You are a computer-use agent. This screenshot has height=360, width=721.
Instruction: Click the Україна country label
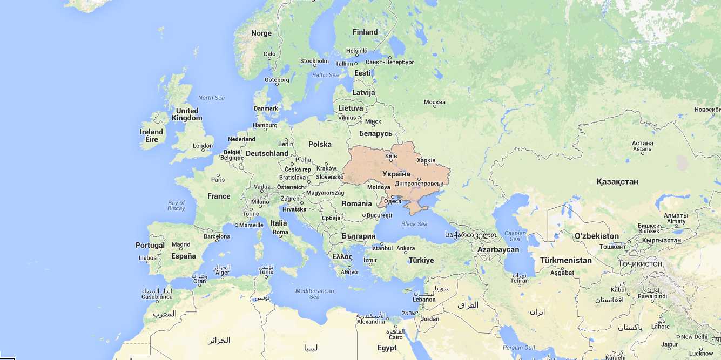pos(396,174)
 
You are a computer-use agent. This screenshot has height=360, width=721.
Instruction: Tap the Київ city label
pos(391,156)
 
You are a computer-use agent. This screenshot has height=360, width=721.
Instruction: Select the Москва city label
pos(435,103)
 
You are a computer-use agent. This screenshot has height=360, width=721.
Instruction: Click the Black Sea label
pos(414,224)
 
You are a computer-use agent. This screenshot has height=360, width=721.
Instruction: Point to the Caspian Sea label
pos(515,236)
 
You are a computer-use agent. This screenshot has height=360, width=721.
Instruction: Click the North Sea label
pos(211,98)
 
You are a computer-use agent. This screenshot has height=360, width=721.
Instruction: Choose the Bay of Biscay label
pos(176,206)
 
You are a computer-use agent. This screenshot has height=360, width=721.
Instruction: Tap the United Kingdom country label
pos(187,114)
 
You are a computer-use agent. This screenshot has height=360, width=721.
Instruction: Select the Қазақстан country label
pos(617,181)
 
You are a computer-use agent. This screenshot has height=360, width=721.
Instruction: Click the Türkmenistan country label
pos(565,260)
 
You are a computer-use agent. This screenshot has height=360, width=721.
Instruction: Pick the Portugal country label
pos(150,245)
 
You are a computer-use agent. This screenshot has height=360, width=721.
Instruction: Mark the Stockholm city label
pos(314,61)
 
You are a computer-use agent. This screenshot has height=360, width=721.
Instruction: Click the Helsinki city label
pos(356,51)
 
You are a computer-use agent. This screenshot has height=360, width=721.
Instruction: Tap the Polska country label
pos(320,144)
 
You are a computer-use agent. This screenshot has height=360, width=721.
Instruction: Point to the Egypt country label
pos(387,348)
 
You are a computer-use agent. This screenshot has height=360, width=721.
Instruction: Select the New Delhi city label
pos(694,336)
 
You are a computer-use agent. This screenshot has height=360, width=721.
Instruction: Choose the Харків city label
pos(426,160)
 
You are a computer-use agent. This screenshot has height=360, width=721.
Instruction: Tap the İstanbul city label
pos(382,248)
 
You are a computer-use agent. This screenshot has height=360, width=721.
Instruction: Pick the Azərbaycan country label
pos(498,249)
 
